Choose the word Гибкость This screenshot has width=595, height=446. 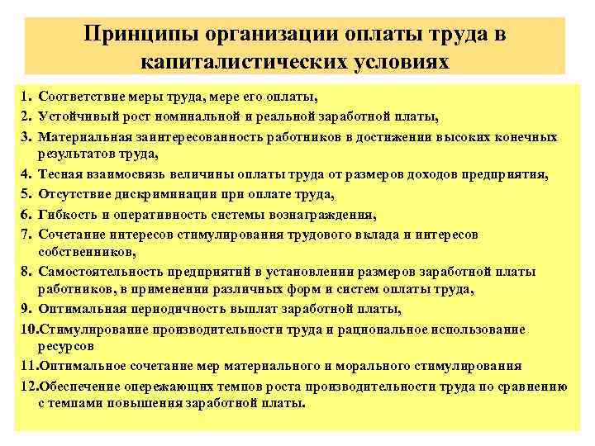click(x=66, y=215)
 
